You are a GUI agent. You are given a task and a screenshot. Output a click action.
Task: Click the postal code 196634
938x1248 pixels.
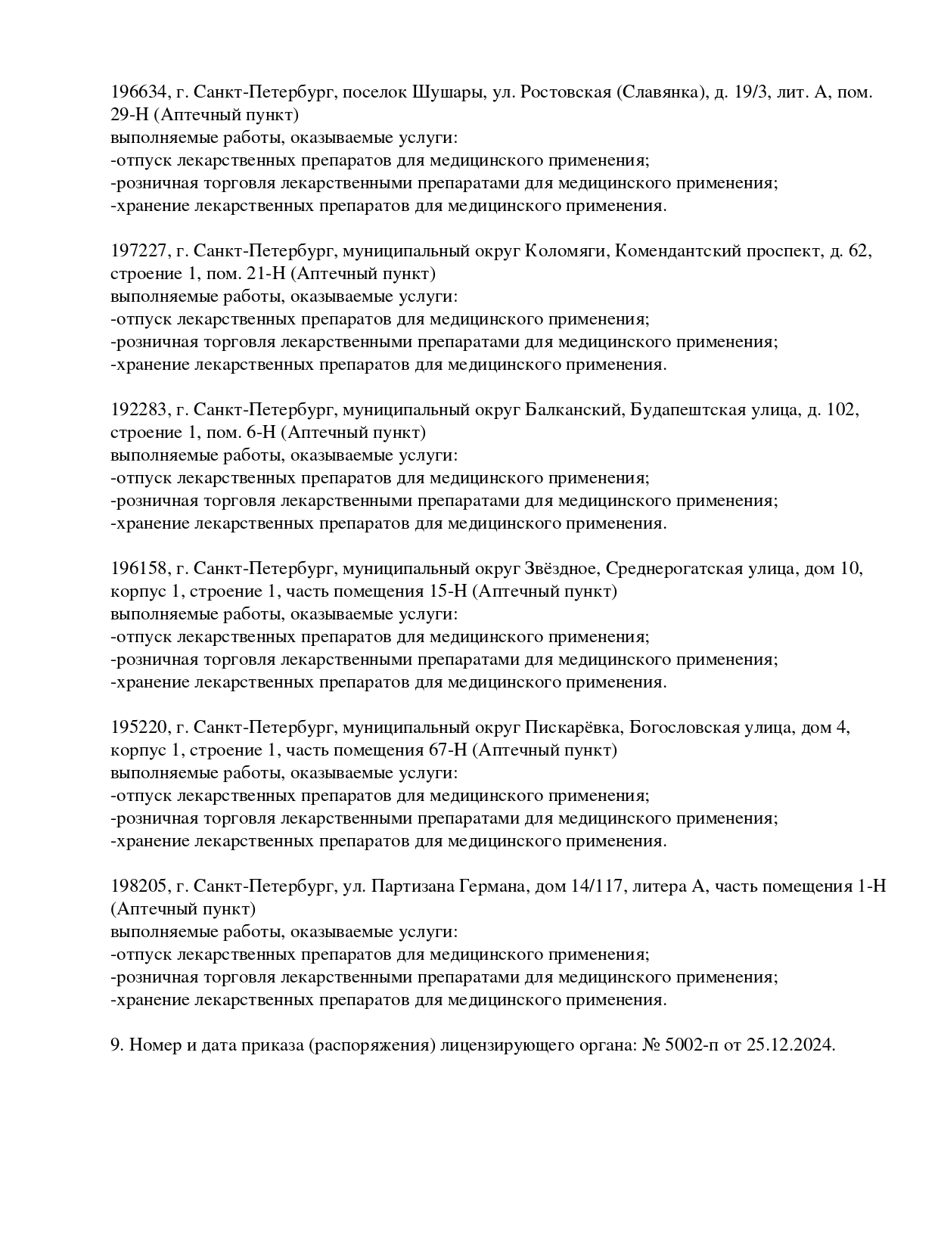[x=138, y=92]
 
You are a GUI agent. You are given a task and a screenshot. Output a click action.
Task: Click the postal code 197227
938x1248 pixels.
[x=138, y=251]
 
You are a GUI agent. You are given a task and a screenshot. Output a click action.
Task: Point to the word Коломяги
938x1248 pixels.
[x=567, y=251]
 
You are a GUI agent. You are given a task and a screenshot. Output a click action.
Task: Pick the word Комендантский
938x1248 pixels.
[x=678, y=251]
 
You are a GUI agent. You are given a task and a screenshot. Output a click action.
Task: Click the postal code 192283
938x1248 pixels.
[x=138, y=410]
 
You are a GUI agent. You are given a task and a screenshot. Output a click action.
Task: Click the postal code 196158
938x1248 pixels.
[x=138, y=569]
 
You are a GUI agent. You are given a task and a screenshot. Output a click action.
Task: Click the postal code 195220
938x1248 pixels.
[x=138, y=728]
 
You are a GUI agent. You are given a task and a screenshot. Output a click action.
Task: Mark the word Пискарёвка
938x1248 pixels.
[x=573, y=728]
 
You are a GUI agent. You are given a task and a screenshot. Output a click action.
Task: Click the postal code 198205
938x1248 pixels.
[x=138, y=886]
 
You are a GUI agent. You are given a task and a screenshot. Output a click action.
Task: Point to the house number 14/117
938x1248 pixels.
[x=595, y=886]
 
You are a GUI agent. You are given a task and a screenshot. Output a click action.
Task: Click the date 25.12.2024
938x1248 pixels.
[x=790, y=1045]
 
